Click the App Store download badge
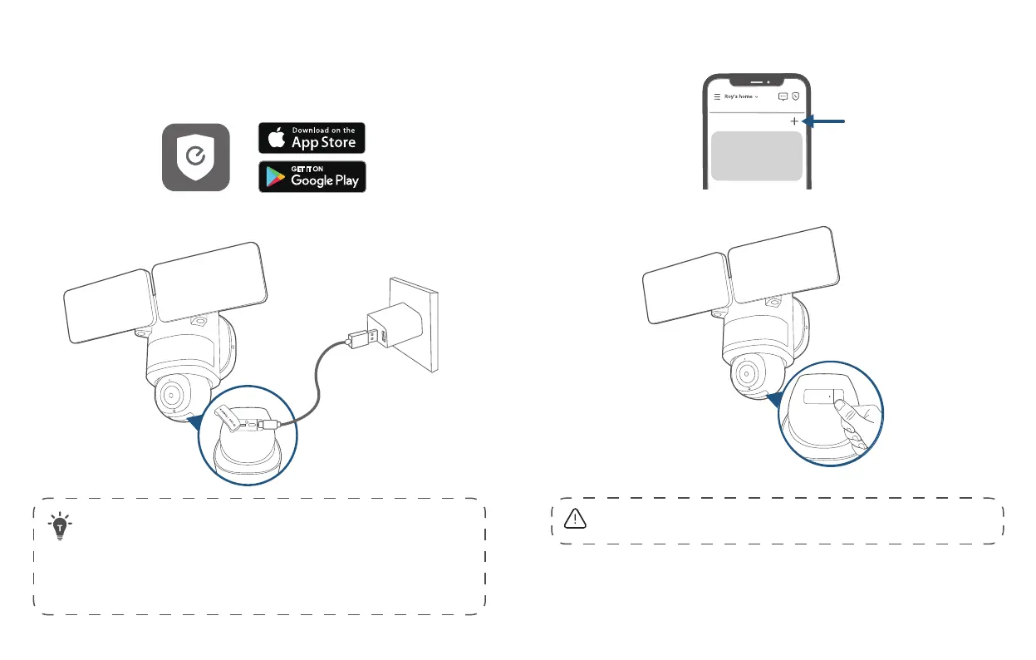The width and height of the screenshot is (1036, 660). (x=312, y=138)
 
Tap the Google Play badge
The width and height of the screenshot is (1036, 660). (x=312, y=177)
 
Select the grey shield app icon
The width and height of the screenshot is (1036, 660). (x=195, y=157)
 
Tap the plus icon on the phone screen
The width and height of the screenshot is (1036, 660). (x=794, y=121)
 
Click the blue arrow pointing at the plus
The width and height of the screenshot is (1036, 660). (x=826, y=121)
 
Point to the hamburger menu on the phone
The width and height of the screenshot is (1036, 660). (x=718, y=96)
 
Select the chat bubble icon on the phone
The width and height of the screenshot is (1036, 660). (x=783, y=96)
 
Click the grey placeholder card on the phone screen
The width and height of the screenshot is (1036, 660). (x=757, y=155)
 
